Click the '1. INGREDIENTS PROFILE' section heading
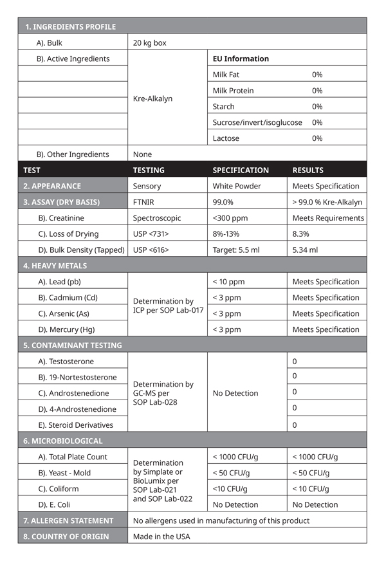tap(70, 27)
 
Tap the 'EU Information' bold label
tap(241, 59)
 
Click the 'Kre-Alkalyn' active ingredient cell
tap(152, 99)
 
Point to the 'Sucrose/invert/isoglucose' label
tap(257, 122)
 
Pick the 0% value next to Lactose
tap(317, 138)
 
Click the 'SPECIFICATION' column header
tap(241, 170)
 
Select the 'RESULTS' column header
tap(308, 170)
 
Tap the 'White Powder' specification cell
tap(237, 187)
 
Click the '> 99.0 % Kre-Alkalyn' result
tap(327, 202)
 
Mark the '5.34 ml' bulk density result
tap(305, 250)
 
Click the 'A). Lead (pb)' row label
tap(59, 282)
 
